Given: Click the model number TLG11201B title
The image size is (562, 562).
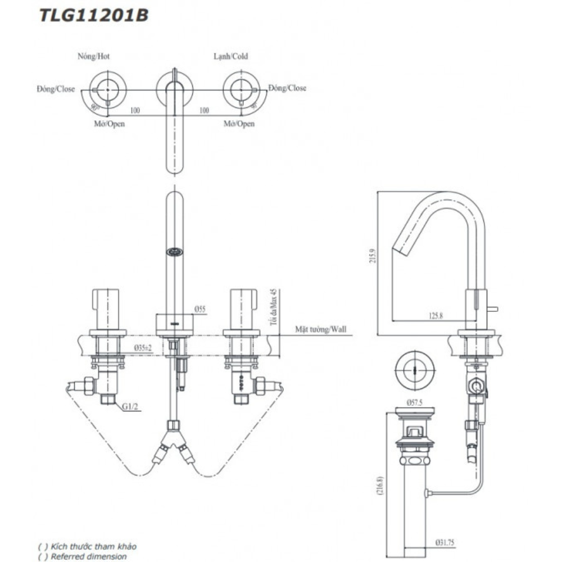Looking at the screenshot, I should [93, 15].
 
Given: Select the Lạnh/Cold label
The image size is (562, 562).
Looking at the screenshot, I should [230, 56].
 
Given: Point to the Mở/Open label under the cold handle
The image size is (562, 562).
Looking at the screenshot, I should [239, 124].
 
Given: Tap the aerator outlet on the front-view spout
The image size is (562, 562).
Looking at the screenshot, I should [175, 253].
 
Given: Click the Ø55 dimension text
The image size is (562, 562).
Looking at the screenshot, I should [201, 309].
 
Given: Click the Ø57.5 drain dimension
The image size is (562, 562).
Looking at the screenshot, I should [414, 403].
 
